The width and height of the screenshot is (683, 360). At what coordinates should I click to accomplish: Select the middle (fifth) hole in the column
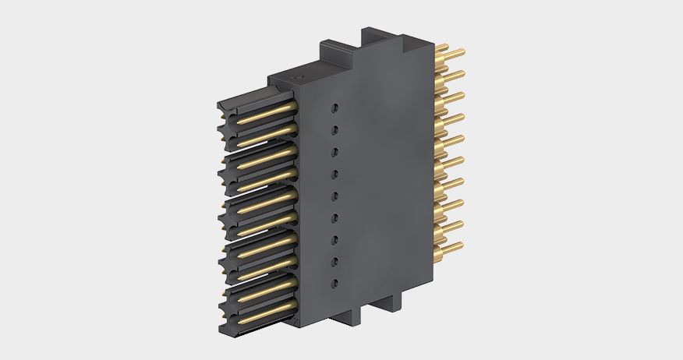click(x=333, y=196)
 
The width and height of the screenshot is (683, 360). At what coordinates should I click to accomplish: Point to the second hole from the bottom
click(x=334, y=263)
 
